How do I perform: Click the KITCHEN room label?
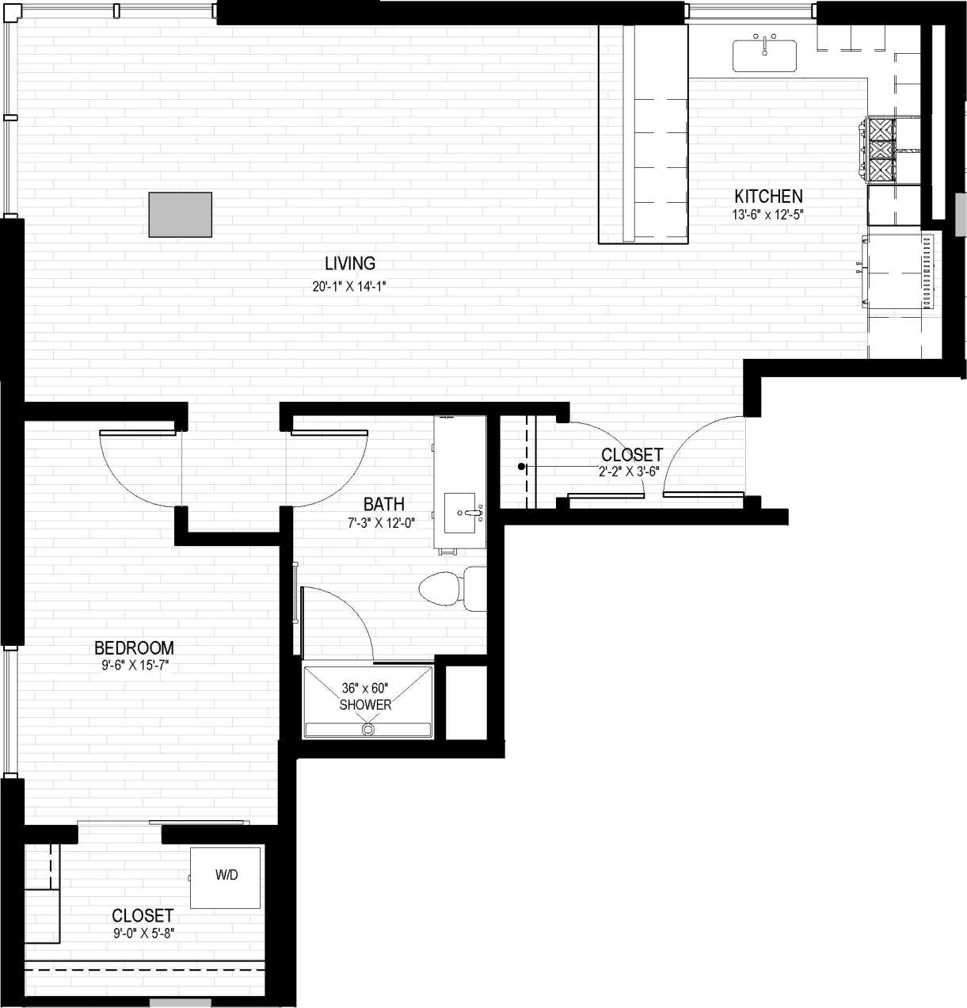point(768,196)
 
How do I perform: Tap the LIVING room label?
point(349,263)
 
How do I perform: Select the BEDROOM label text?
point(134,647)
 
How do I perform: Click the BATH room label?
point(384,504)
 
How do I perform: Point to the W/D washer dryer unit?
point(226,876)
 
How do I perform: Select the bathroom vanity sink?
point(464,513)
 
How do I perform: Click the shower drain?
point(367,728)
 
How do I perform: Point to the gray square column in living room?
point(181,215)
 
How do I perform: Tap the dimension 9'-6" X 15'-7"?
point(135,667)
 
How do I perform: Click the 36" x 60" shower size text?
point(365,688)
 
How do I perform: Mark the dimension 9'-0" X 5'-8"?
point(143,934)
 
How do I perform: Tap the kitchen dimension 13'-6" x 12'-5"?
point(768,214)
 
